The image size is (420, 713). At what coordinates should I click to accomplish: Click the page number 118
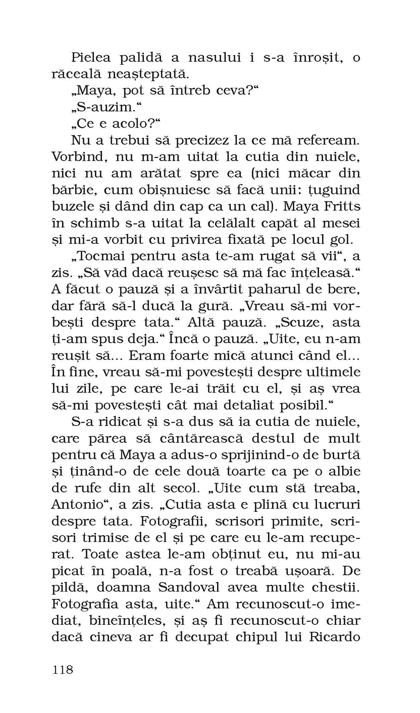tap(63, 670)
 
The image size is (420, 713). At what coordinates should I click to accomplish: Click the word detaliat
tap(247, 405)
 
